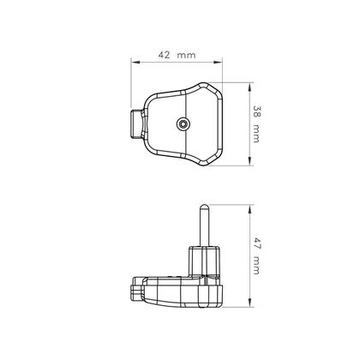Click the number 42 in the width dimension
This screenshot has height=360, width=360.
[x=164, y=56]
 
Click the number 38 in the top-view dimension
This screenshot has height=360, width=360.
[x=257, y=111]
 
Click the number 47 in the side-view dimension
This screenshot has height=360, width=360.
[x=257, y=243]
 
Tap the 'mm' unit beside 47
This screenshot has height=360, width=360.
[x=257, y=267]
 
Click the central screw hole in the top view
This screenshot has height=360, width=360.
[x=183, y=124]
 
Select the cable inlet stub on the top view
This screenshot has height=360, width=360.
[x=137, y=124]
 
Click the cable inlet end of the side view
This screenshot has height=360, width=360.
[x=136, y=290]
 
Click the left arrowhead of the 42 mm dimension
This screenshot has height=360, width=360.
[x=134, y=63]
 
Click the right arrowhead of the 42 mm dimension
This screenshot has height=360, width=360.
[x=225, y=63]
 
